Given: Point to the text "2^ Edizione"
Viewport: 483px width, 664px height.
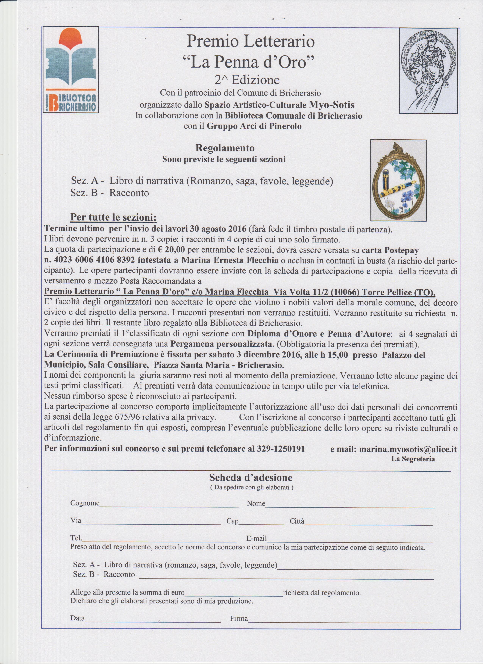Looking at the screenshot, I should click(247, 80).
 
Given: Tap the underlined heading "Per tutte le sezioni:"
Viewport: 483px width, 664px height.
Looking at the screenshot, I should click(113, 218).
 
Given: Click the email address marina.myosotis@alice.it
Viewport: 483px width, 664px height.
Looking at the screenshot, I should click(408, 449).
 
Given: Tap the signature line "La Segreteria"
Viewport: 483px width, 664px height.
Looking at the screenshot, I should click(413, 459).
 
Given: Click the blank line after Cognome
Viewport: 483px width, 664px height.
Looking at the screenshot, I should click(169, 504).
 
